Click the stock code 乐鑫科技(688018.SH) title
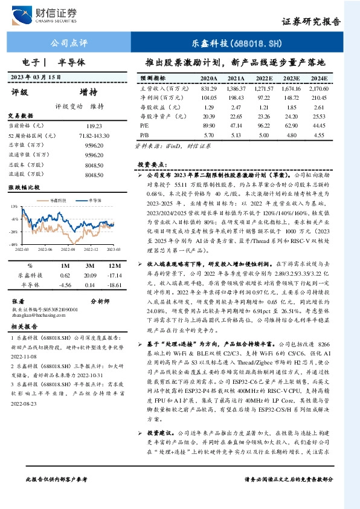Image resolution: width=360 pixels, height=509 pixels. pyautogui.click(x=245, y=44)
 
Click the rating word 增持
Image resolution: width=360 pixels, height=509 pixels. pyautogui.click(x=88, y=92)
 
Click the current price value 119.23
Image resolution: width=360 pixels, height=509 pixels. pyautogui.click(x=94, y=125)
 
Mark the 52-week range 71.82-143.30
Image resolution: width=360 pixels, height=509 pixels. pyautogui.click(x=94, y=135)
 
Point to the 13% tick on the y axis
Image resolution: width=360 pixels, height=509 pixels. pyautogui.click(x=13, y=206)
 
